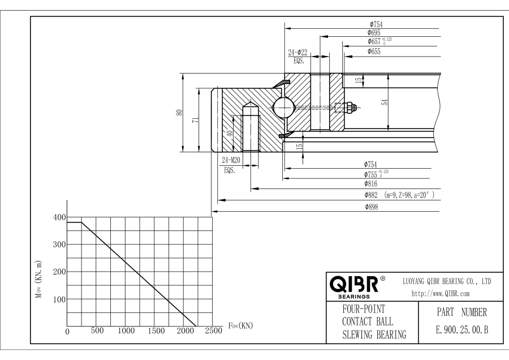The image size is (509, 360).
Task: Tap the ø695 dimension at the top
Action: coord(374,33)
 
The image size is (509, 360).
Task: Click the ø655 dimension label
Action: coord(374,52)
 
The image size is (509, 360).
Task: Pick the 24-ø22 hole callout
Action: coord(297,53)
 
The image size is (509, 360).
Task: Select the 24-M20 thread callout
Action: coord(230,160)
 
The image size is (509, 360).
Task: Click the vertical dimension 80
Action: coord(179,112)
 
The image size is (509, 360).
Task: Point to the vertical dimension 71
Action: coord(194,120)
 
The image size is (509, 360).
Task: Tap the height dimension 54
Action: coord(385,102)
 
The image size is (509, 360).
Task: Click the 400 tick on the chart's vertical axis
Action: coord(59,217)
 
